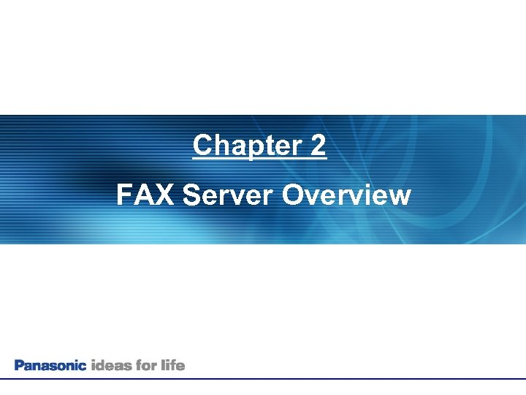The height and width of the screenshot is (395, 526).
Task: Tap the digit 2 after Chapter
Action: coord(318,146)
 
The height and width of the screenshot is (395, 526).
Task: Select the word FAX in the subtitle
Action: coord(146,195)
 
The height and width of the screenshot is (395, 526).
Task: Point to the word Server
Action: coord(229,195)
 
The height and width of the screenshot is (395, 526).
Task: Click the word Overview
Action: coord(346,195)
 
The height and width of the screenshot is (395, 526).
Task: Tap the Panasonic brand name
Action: coord(50,365)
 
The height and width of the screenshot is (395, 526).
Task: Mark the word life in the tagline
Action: coord(174,365)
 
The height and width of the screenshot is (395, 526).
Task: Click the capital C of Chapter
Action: coord(202,146)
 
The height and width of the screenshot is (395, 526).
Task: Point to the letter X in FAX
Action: coord(167,195)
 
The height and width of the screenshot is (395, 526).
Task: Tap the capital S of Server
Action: coord(193,195)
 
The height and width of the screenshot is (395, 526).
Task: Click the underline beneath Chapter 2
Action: coord(259,159)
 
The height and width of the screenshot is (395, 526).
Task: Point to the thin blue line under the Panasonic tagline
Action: coord(263,378)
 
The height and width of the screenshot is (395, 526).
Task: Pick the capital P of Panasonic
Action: coord(19,365)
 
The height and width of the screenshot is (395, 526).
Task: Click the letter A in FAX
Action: coord(145,195)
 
